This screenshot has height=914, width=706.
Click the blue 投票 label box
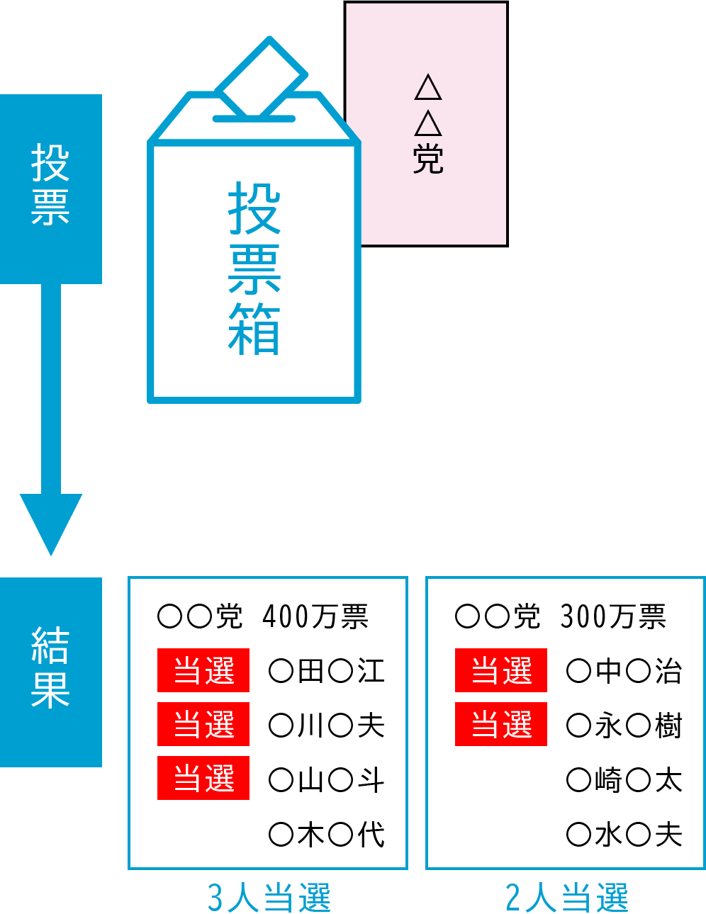tap(50, 188)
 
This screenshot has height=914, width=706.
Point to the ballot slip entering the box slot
tap(261, 78)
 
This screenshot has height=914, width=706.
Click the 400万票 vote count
tap(315, 616)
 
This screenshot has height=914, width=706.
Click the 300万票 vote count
tap(613, 616)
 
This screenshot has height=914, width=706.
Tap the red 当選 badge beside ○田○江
tap(203, 670)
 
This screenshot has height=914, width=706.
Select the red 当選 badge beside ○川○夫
tap(203, 724)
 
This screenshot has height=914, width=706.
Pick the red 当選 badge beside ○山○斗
tap(203, 778)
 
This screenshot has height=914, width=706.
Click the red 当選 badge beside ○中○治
tap(501, 670)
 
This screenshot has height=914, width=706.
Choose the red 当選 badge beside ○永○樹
tap(501, 724)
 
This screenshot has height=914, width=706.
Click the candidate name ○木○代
tap(327, 834)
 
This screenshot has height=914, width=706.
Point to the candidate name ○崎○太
tap(624, 780)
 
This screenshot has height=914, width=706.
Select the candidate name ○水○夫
tap(624, 834)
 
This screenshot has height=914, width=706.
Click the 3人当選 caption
tap(269, 897)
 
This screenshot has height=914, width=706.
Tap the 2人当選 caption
tap(566, 897)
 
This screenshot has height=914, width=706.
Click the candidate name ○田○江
tap(327, 670)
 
